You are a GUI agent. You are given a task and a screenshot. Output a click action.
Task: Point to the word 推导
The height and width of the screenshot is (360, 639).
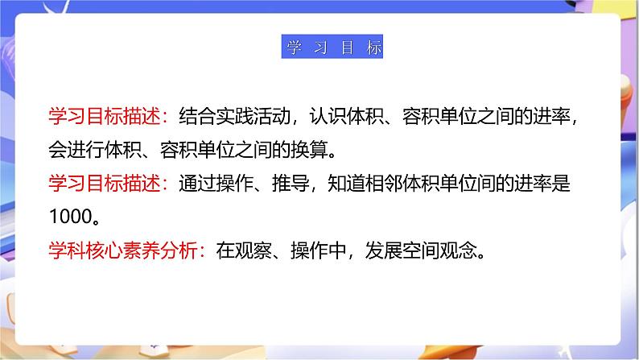(278, 184)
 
